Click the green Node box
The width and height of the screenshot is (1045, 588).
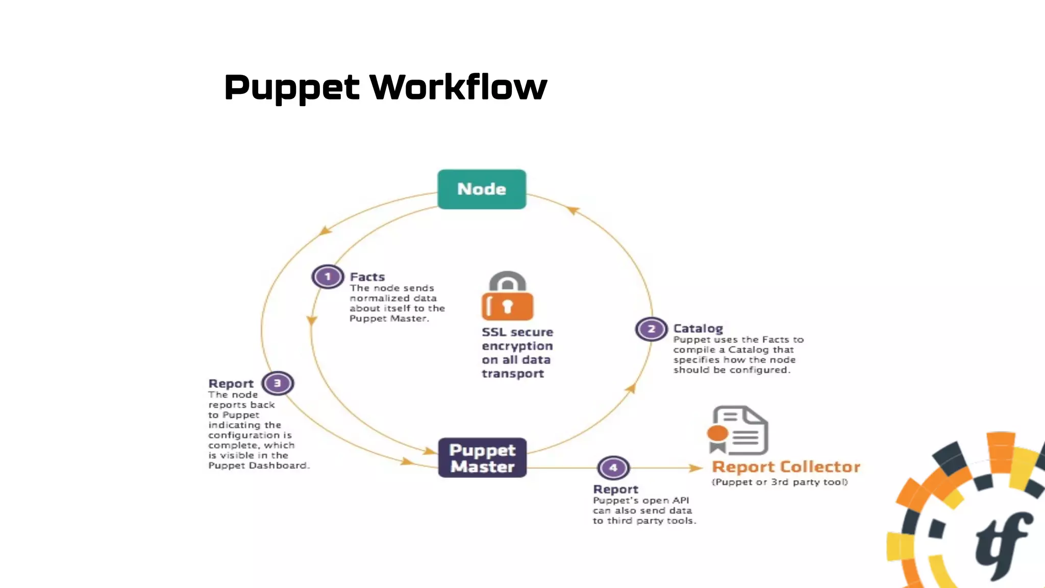coord(482,189)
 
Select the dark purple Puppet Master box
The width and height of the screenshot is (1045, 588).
coord(482,458)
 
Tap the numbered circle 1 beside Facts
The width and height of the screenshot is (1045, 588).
coord(328,277)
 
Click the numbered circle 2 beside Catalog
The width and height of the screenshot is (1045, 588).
coord(651,329)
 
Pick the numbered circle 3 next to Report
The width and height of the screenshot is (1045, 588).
coord(278,383)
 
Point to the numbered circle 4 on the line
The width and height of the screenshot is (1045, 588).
coord(613,468)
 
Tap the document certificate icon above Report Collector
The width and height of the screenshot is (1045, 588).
coord(738,430)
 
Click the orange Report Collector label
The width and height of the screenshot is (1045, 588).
coord(786,467)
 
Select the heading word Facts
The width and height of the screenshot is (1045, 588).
coord(367,277)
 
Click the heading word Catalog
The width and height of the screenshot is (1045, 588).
coord(698,329)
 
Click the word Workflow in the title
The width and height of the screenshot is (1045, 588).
coord(458,87)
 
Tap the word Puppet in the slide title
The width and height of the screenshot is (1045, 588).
coord(292,87)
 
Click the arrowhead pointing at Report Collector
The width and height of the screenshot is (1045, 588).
coord(696,468)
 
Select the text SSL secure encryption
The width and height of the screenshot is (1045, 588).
coord(517,339)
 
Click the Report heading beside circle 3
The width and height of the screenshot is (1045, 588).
coord(231,384)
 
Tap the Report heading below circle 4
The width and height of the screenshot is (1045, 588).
coord(615,489)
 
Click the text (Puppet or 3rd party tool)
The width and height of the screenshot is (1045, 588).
coord(780,482)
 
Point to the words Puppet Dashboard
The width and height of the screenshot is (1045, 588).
coord(258,465)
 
